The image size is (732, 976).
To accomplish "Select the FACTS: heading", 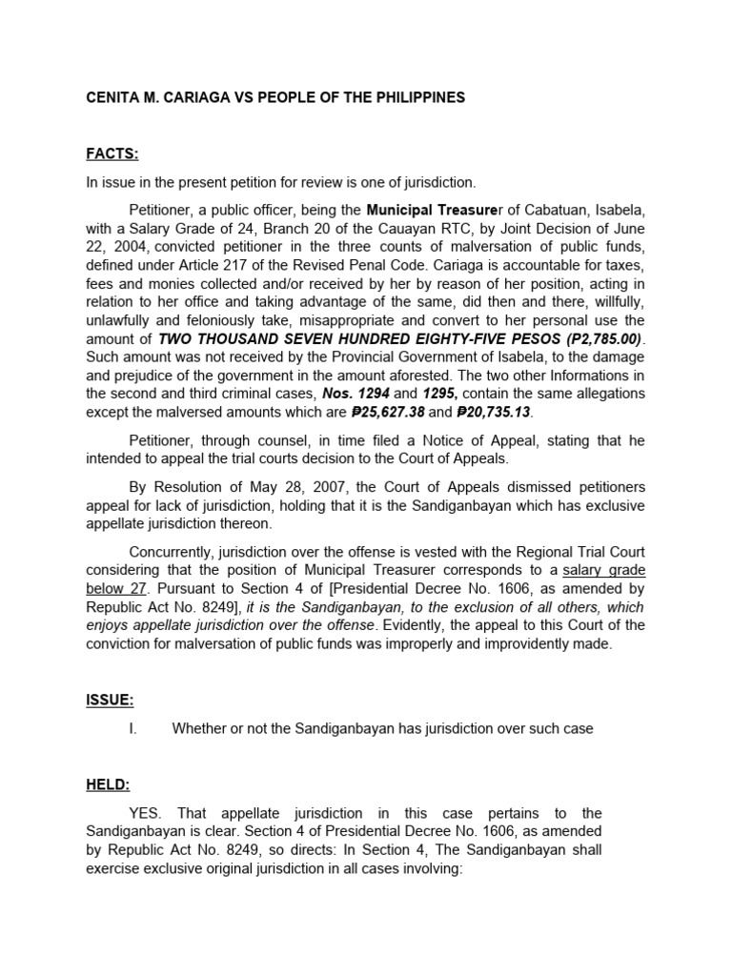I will pos(112,154).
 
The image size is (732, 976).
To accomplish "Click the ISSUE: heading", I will pos(110,701).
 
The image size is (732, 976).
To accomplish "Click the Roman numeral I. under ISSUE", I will pos(133,728).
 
